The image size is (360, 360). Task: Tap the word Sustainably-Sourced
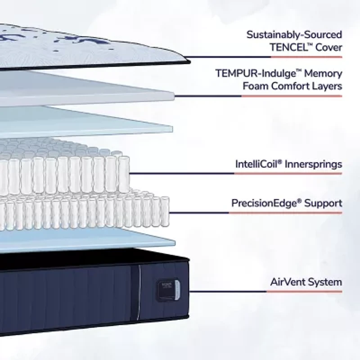coord(294,34)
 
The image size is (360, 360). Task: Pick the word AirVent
coord(288,283)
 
